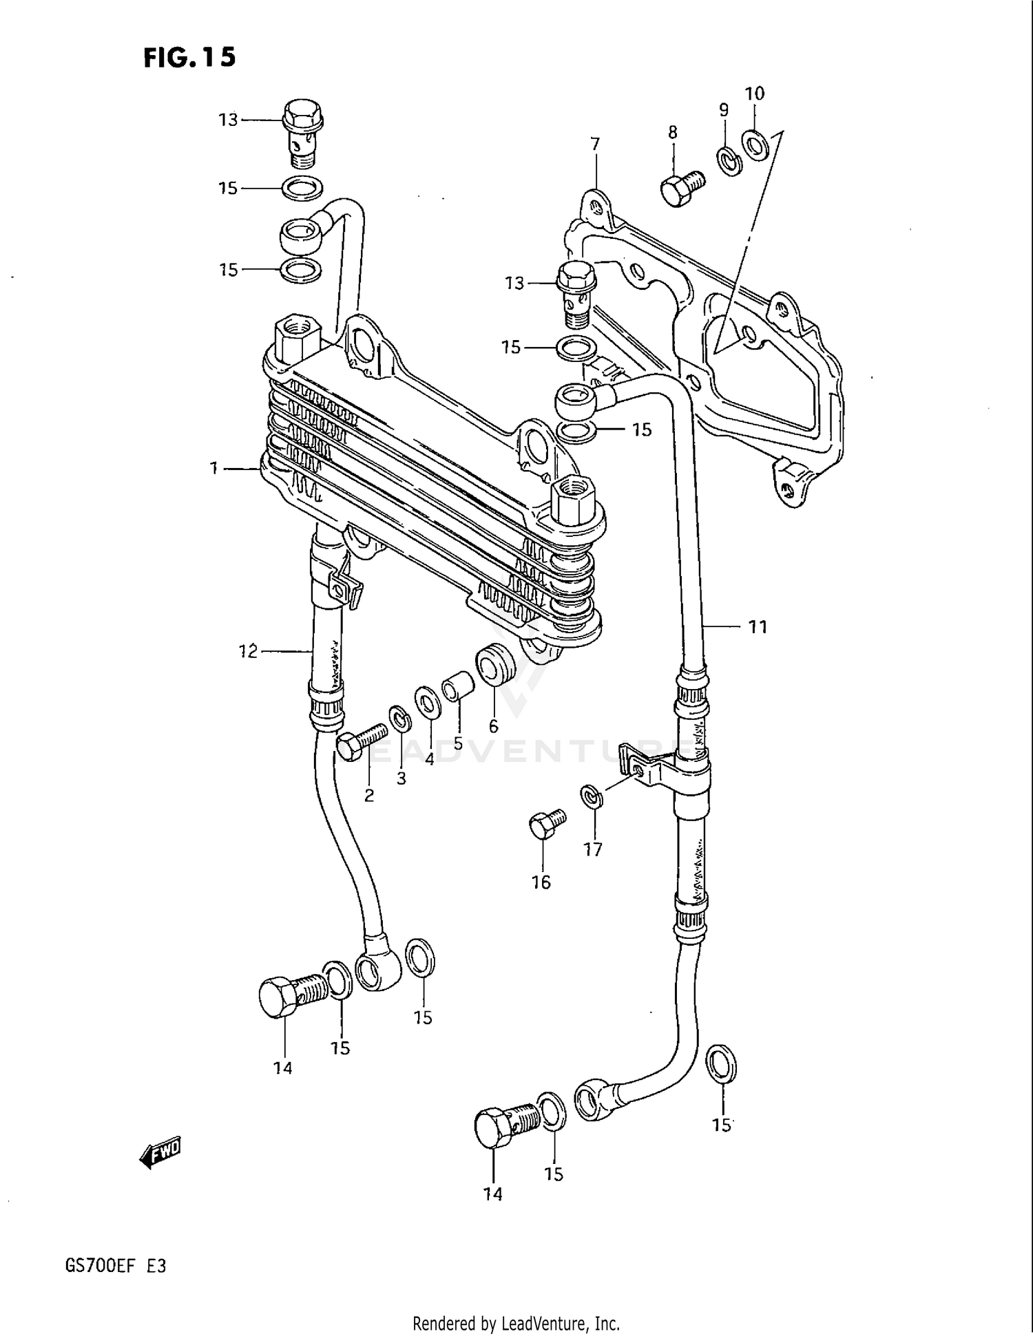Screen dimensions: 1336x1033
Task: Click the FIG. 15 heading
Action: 189,57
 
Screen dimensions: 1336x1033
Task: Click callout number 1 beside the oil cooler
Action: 214,469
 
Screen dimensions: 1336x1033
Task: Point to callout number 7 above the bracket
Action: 595,144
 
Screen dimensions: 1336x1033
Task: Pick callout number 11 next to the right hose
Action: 758,626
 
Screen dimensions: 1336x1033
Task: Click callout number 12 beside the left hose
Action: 248,650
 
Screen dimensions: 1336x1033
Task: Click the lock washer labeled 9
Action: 730,161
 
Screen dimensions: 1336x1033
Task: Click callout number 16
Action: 541,882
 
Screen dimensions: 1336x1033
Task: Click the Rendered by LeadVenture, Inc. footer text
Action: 516,1323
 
